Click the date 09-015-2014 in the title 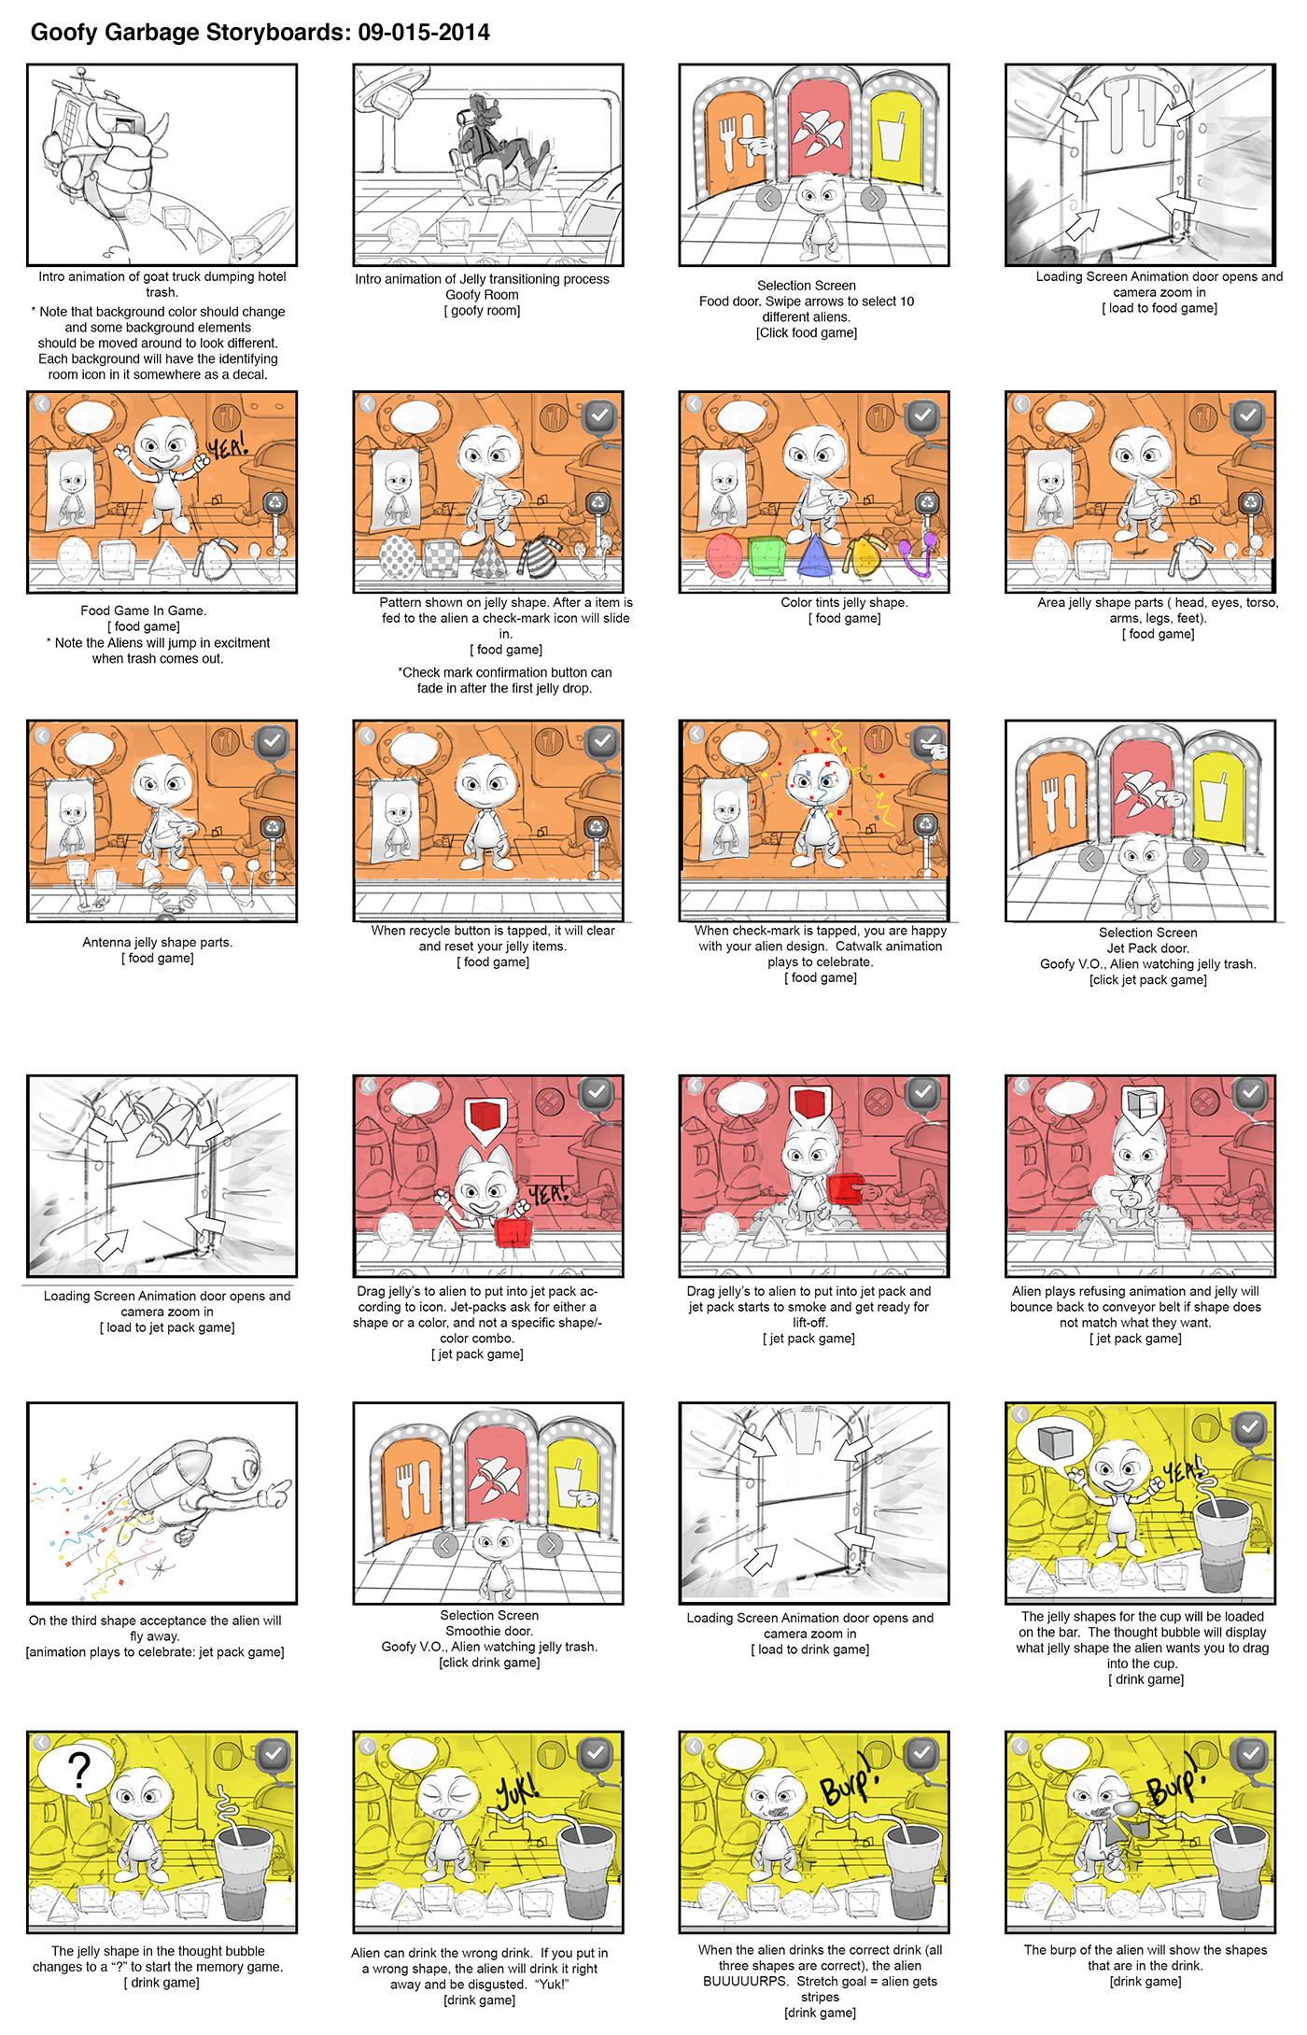[424, 33]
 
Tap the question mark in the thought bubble [80, 1770]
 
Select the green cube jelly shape [768, 556]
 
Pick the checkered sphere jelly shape [399, 557]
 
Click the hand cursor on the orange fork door [757, 146]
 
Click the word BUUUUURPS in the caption [744, 1981]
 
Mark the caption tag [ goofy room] [482, 311]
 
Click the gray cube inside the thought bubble [1056, 1441]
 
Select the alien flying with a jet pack [205, 1489]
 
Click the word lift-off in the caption [809, 1323]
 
